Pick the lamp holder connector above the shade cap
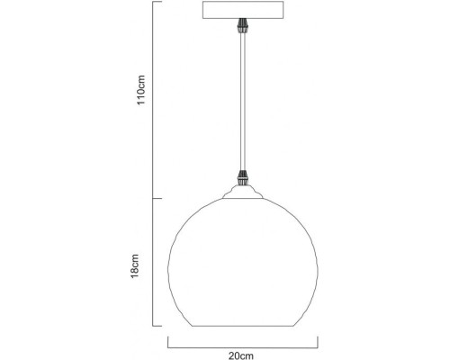242,178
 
